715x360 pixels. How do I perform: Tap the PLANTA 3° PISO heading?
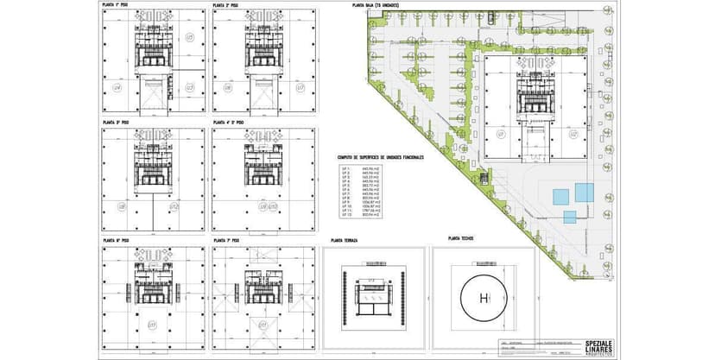(x=115, y=123)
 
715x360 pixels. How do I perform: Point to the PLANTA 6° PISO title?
(x=115, y=240)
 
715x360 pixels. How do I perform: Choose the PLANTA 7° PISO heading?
(x=225, y=240)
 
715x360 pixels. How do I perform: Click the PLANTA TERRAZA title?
(x=344, y=240)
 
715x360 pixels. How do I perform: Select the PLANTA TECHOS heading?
(x=460, y=237)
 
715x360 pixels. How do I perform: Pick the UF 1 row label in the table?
(x=345, y=168)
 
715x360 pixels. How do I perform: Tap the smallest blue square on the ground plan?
(x=568, y=216)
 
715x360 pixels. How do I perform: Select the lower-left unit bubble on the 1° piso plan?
(x=117, y=88)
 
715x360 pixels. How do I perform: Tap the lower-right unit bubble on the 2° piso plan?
(x=300, y=88)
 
